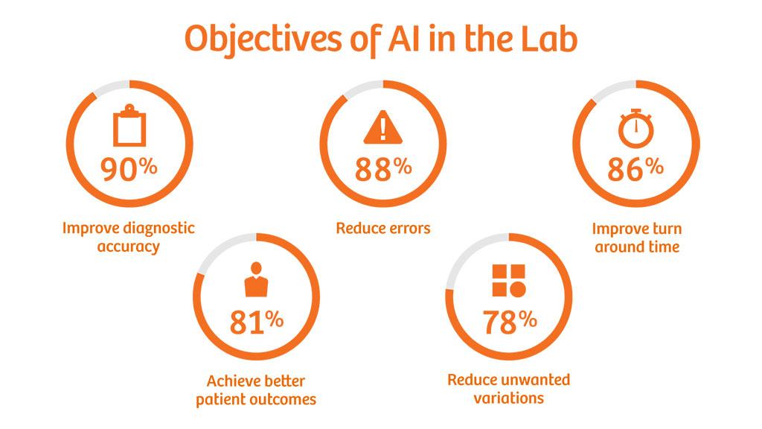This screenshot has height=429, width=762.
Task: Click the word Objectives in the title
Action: [x=263, y=39]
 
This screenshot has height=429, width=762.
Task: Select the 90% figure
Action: [x=129, y=169]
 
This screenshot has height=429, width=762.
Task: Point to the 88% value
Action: [x=383, y=169]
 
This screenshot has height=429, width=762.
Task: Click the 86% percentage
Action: [x=635, y=169]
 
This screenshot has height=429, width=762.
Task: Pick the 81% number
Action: [x=256, y=322]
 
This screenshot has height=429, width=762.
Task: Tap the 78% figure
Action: [x=509, y=322]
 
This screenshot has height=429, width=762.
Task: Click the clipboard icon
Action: [x=129, y=125]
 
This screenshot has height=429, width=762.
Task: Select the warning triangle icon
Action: [x=383, y=127]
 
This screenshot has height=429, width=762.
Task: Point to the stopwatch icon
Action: [x=635, y=128]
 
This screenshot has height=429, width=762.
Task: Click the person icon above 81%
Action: [x=256, y=280]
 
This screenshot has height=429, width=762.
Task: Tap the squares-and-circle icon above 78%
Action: [x=509, y=281]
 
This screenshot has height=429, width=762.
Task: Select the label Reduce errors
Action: [x=383, y=228]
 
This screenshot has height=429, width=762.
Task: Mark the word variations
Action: [x=509, y=398]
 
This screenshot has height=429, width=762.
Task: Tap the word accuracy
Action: [x=128, y=247]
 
